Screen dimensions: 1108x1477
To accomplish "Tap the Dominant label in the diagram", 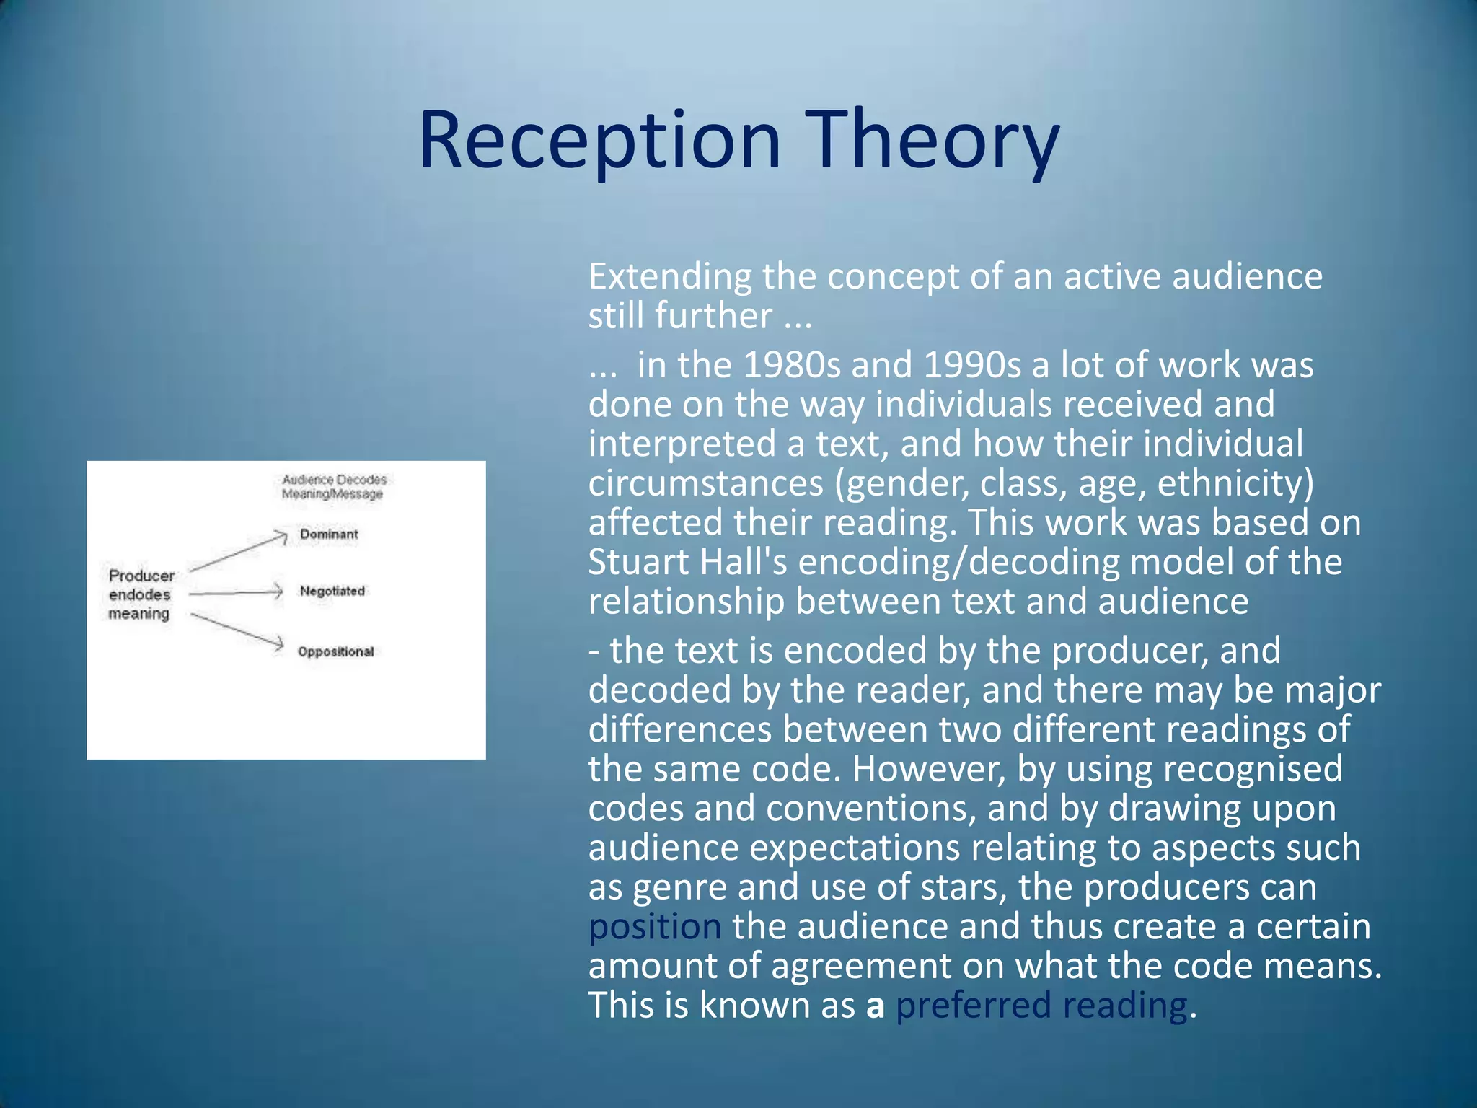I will click(x=329, y=535).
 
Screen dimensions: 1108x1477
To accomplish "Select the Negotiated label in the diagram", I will click(x=332, y=592).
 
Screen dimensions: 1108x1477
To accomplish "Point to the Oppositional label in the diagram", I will click(x=336, y=652).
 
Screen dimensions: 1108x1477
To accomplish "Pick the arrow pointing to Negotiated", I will click(x=235, y=593).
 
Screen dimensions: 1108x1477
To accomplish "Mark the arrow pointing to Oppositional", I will click(x=237, y=631).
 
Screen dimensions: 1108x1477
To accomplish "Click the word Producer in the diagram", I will click(x=141, y=576).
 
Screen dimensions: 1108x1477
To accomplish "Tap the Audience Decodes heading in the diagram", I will click(x=334, y=480).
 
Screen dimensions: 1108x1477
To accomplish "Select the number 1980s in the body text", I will click(x=791, y=365).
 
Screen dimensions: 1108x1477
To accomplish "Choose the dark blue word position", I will click(x=654, y=927).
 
